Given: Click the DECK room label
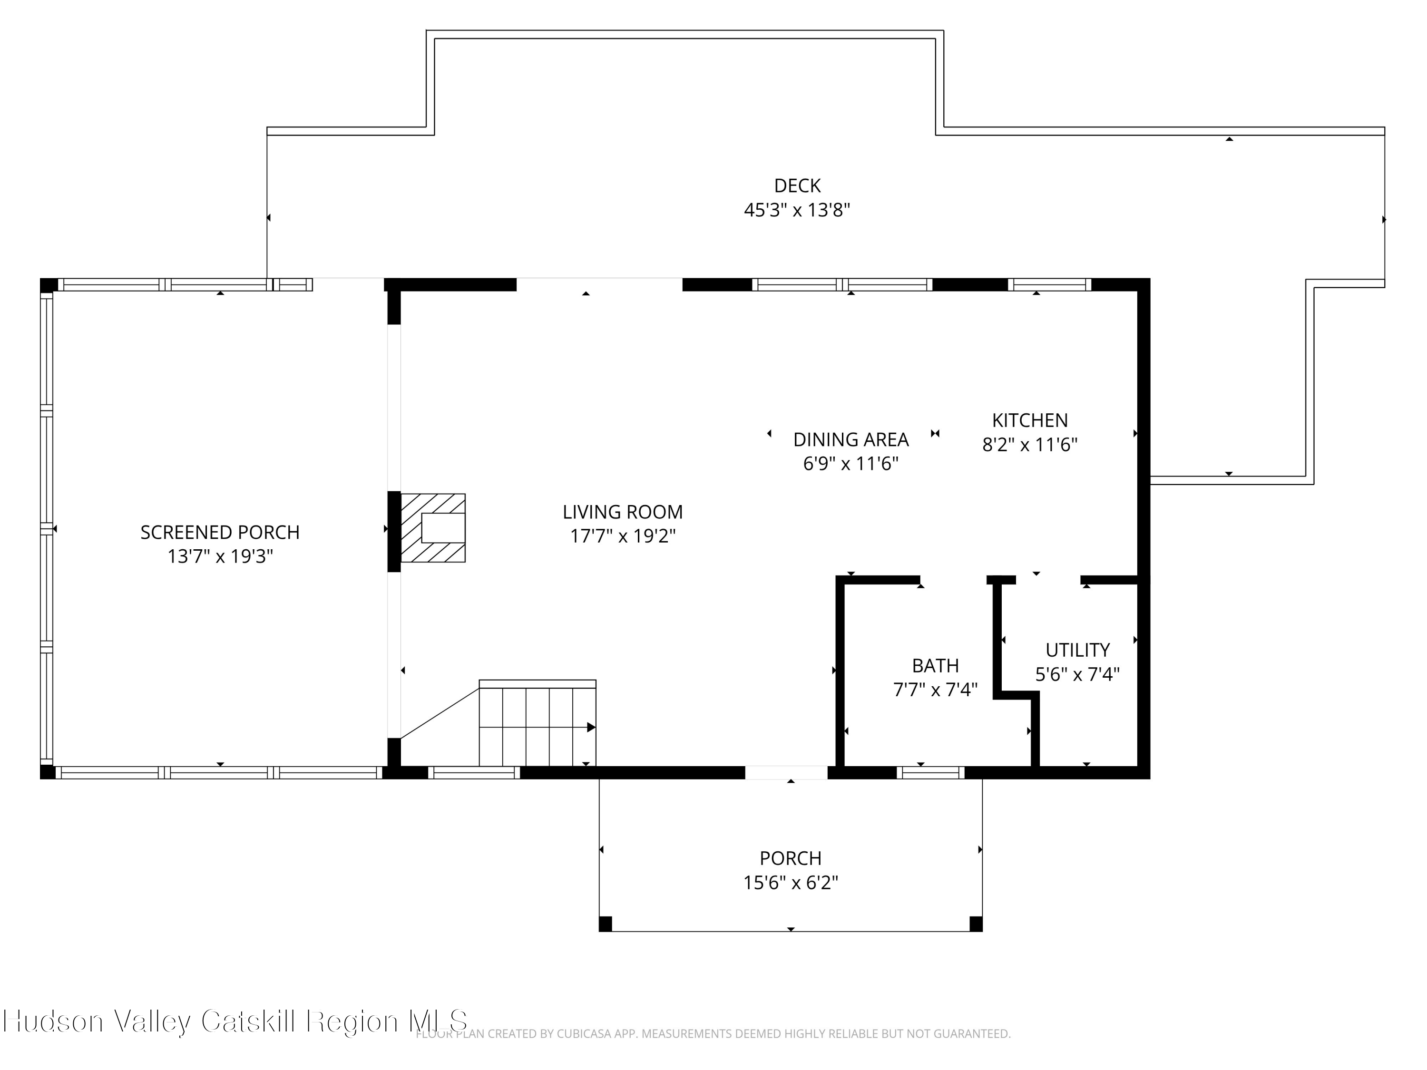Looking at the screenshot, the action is coord(797,186).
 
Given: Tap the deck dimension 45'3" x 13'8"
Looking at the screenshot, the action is coord(797,210).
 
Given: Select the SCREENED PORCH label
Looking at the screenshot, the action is coord(220,532).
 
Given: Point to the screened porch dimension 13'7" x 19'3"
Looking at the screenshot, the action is coord(220,556).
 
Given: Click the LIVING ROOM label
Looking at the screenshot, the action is coord(623,512).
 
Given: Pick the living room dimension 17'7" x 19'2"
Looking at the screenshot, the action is coord(623,536).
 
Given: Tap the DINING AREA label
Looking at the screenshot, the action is coord(851,440).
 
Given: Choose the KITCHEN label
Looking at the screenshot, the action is coord(1030,420).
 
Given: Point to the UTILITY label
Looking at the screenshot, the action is coord(1077,650).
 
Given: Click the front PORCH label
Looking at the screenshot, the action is coord(790,858).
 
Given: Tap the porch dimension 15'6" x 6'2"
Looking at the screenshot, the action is coord(790,882).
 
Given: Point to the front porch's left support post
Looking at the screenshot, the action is coord(605,924).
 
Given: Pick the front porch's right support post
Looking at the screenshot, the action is coord(976,924).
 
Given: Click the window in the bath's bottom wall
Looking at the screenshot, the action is coord(930,773).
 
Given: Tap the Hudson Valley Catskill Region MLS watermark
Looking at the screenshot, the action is coord(235,1021).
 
